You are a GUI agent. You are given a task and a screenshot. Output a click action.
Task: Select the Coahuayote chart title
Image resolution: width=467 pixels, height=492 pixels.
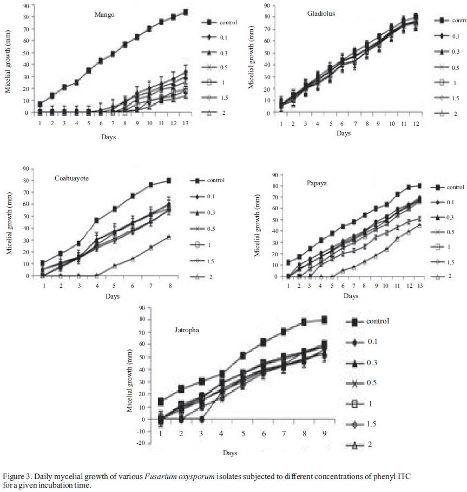[x=73, y=179]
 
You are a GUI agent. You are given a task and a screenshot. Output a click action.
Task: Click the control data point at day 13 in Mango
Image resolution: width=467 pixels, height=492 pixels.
[x=186, y=12]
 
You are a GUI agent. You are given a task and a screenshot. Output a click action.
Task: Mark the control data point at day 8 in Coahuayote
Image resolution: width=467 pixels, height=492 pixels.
[x=169, y=180]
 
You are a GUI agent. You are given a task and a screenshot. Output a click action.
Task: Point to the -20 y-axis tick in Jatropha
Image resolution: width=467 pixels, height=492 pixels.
[x=142, y=443]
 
